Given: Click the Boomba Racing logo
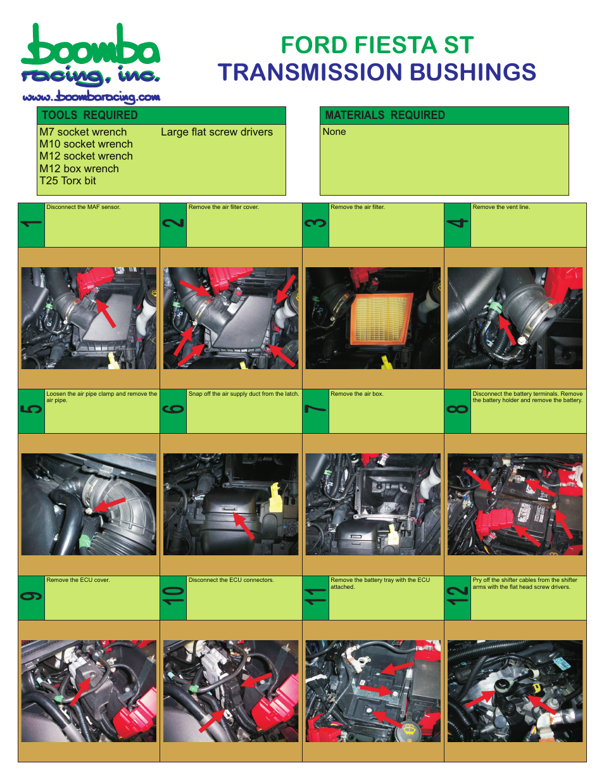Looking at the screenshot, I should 90,56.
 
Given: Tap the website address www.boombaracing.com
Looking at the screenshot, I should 91,97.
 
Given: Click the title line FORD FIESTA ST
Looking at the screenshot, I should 377,45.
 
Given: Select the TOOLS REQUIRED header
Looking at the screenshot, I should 89,115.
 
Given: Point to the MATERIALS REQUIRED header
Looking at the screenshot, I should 384,115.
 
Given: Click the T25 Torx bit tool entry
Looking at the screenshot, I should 68,180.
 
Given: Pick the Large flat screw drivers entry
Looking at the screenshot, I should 217,132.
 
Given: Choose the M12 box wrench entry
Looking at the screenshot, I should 79,168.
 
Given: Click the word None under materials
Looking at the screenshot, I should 334,132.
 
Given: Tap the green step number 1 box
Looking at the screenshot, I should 31,225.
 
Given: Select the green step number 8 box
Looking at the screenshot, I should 457,411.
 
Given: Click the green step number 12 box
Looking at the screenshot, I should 457,598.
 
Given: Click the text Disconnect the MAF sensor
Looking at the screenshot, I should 83,207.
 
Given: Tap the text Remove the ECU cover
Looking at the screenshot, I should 78,580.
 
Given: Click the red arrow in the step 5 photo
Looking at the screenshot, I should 111,503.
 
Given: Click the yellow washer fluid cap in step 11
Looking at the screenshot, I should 409,730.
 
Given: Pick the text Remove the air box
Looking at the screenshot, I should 356,394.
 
